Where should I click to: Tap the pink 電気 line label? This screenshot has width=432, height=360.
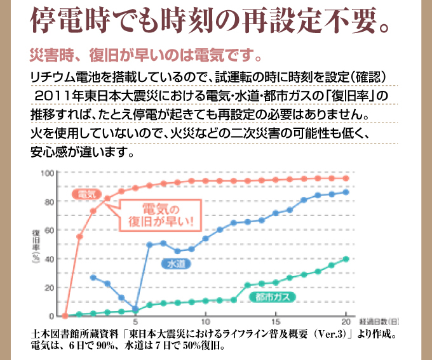click(x=83, y=194)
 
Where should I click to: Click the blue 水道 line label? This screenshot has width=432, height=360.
click(x=177, y=263)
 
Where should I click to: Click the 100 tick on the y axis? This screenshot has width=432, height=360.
click(x=47, y=173)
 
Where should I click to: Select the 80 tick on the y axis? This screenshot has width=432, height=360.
click(x=49, y=202)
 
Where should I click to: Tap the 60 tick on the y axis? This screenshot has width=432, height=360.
click(x=49, y=230)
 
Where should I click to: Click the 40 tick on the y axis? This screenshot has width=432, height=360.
click(x=49, y=259)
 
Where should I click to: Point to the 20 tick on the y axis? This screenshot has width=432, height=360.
click(x=49, y=288)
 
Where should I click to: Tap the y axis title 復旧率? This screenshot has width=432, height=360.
click(x=37, y=244)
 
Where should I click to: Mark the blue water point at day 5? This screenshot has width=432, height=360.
click(x=135, y=309)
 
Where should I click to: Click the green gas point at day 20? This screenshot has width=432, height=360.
click(x=346, y=259)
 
